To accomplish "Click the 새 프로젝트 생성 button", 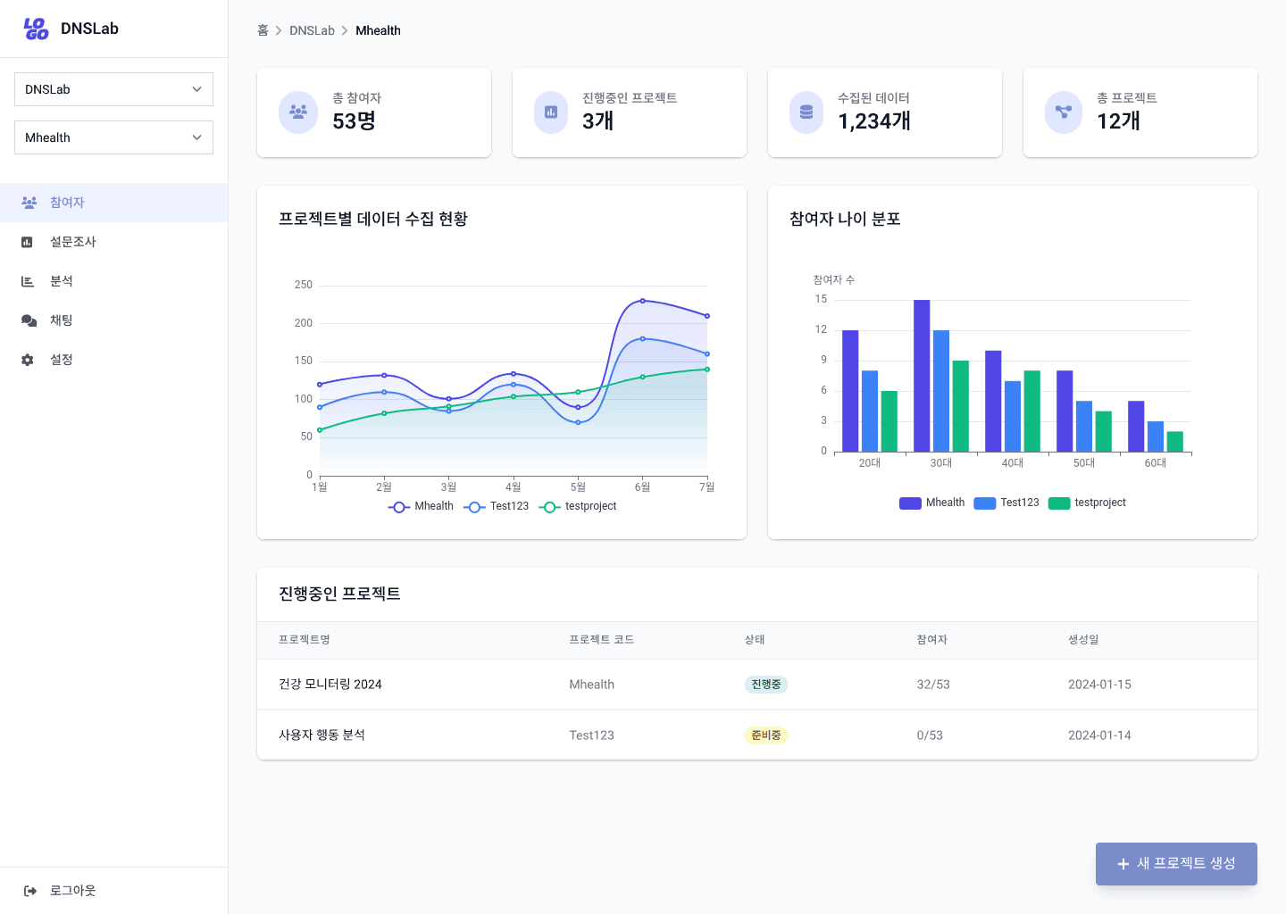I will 1176,864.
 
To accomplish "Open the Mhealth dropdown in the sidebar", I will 113,137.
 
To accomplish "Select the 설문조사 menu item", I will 73,242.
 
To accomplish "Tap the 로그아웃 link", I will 72,891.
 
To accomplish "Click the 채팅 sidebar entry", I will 61,320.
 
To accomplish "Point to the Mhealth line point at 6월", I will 642,301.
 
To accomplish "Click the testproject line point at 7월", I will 707,369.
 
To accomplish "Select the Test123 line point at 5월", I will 578,422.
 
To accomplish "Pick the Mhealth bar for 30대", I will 922,376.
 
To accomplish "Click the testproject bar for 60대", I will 1174,441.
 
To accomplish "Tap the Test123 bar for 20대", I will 870,411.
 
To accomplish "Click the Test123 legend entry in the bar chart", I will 1006,503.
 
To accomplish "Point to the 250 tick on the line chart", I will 304,285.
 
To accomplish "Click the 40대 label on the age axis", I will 1013,463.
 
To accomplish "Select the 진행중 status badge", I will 766,685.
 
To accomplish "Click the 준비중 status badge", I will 766,735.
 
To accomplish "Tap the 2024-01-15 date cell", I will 1099,685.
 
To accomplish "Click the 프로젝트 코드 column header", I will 602,640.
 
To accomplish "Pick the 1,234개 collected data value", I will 874,121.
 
